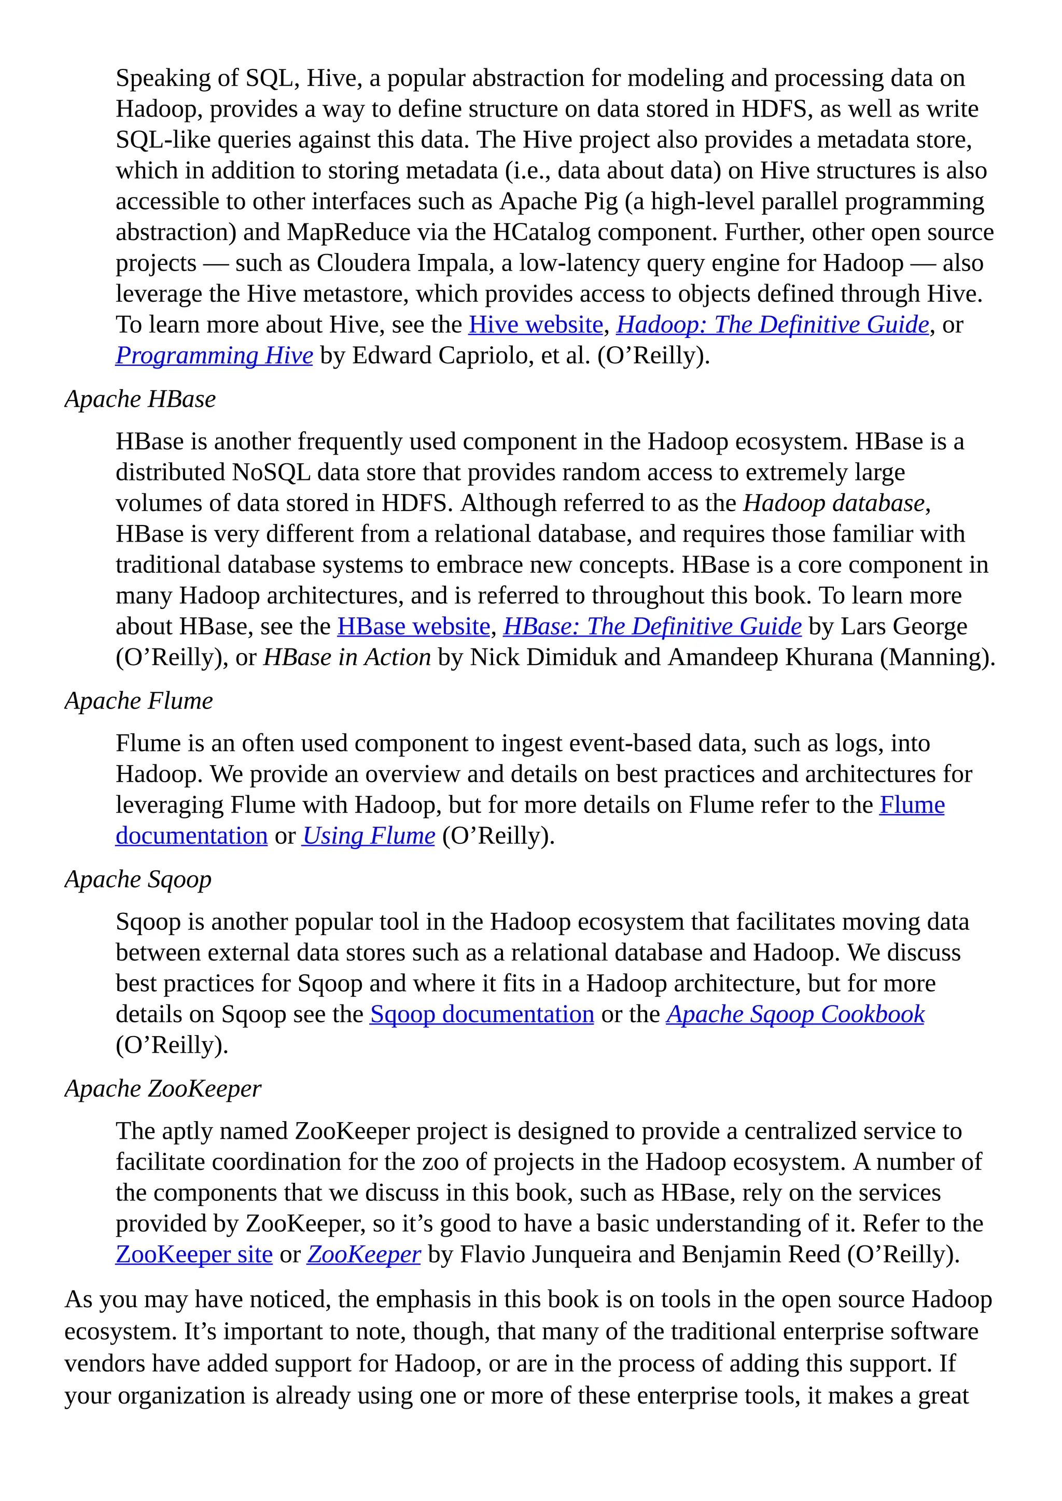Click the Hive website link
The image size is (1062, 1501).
pos(536,325)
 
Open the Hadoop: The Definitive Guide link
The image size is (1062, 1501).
pos(772,325)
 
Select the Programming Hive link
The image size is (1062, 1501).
pos(214,356)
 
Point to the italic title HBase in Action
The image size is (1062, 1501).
pos(346,657)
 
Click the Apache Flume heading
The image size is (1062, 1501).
pos(138,701)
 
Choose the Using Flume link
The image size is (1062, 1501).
pos(368,836)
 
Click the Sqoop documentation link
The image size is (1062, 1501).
pos(481,1015)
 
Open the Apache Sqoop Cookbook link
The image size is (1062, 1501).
pos(794,1015)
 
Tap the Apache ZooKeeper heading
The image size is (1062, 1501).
pos(163,1088)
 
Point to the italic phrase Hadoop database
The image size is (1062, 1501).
pos(834,503)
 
